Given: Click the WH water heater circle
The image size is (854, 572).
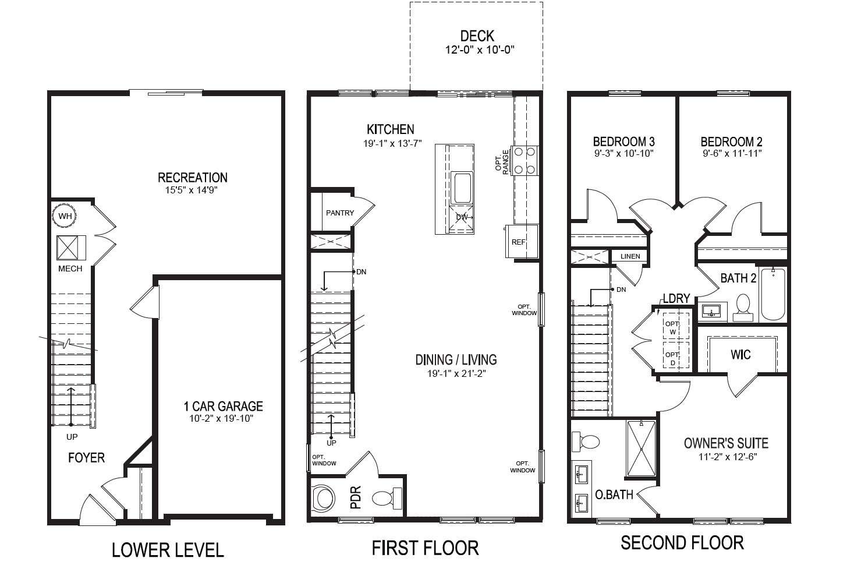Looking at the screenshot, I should tap(65, 216).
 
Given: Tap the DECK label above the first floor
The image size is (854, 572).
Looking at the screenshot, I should tap(477, 36).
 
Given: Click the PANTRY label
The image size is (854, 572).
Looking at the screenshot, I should tap(339, 213).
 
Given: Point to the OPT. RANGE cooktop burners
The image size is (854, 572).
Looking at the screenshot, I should tap(524, 160).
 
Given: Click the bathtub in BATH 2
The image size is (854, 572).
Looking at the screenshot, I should tap(773, 294).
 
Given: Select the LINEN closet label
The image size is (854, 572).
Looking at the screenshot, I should tap(630, 256).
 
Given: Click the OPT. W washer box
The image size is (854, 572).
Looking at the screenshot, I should tap(673, 327).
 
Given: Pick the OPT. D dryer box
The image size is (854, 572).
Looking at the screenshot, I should tap(673, 358).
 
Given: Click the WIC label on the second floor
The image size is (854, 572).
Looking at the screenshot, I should tap(740, 354).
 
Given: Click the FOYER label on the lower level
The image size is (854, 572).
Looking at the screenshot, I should tap(86, 458).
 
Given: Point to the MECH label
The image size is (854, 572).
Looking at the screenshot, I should tap(70, 269).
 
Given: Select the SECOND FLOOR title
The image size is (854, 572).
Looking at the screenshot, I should tap(682, 543).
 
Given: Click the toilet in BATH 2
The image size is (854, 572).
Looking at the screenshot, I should tap(743, 306).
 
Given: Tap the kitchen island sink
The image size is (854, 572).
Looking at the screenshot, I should tap(462, 187).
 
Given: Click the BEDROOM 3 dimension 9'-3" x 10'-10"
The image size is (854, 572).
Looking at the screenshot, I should tap(623, 154).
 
